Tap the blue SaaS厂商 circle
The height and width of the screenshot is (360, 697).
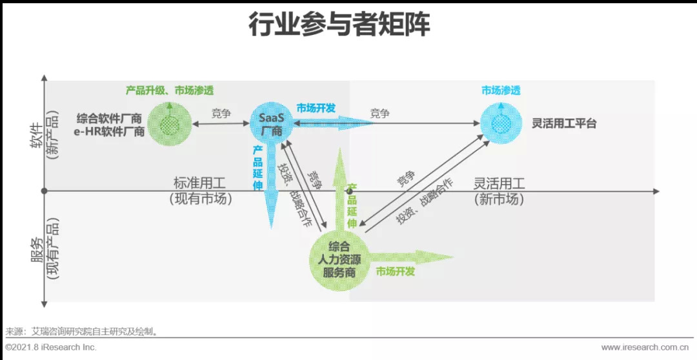pos(271,124)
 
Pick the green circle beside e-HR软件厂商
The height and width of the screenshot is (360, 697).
pos(168,124)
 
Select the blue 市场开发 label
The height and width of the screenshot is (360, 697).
pos(316,108)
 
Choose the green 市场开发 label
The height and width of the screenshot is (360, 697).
pos(395,272)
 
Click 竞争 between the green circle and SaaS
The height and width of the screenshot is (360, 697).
pos(221,114)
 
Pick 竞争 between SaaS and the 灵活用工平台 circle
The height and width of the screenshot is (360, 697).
pos(379,114)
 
